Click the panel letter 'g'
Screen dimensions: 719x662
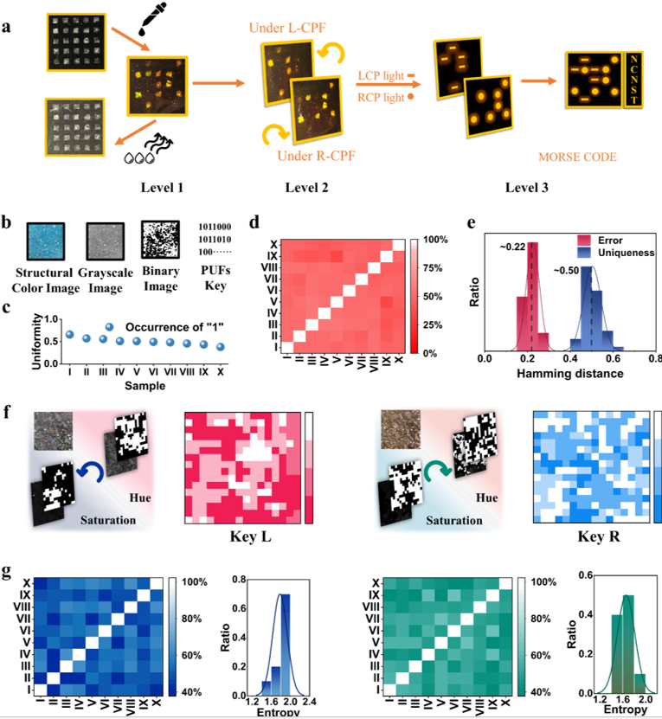[x=8, y=572]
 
